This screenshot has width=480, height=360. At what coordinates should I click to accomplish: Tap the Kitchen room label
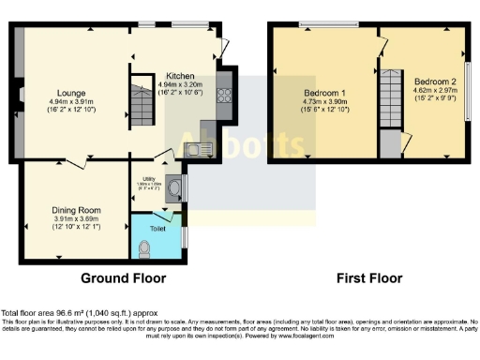coord(180,76)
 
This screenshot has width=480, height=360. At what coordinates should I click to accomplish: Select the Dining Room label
coord(77,210)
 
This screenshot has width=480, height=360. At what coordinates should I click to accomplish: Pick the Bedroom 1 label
coord(325,94)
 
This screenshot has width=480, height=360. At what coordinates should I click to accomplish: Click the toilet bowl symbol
coord(143,247)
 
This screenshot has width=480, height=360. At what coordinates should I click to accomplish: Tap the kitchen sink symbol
coord(200,146)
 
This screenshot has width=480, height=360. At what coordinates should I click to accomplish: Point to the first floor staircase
coord(390,100)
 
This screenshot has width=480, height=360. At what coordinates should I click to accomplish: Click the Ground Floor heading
coord(123,278)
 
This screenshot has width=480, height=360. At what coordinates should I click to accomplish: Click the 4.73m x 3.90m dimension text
coord(325,103)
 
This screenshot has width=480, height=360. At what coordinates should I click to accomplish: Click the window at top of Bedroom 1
coord(327,23)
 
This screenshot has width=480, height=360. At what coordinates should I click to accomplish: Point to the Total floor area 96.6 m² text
coord(80,312)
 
